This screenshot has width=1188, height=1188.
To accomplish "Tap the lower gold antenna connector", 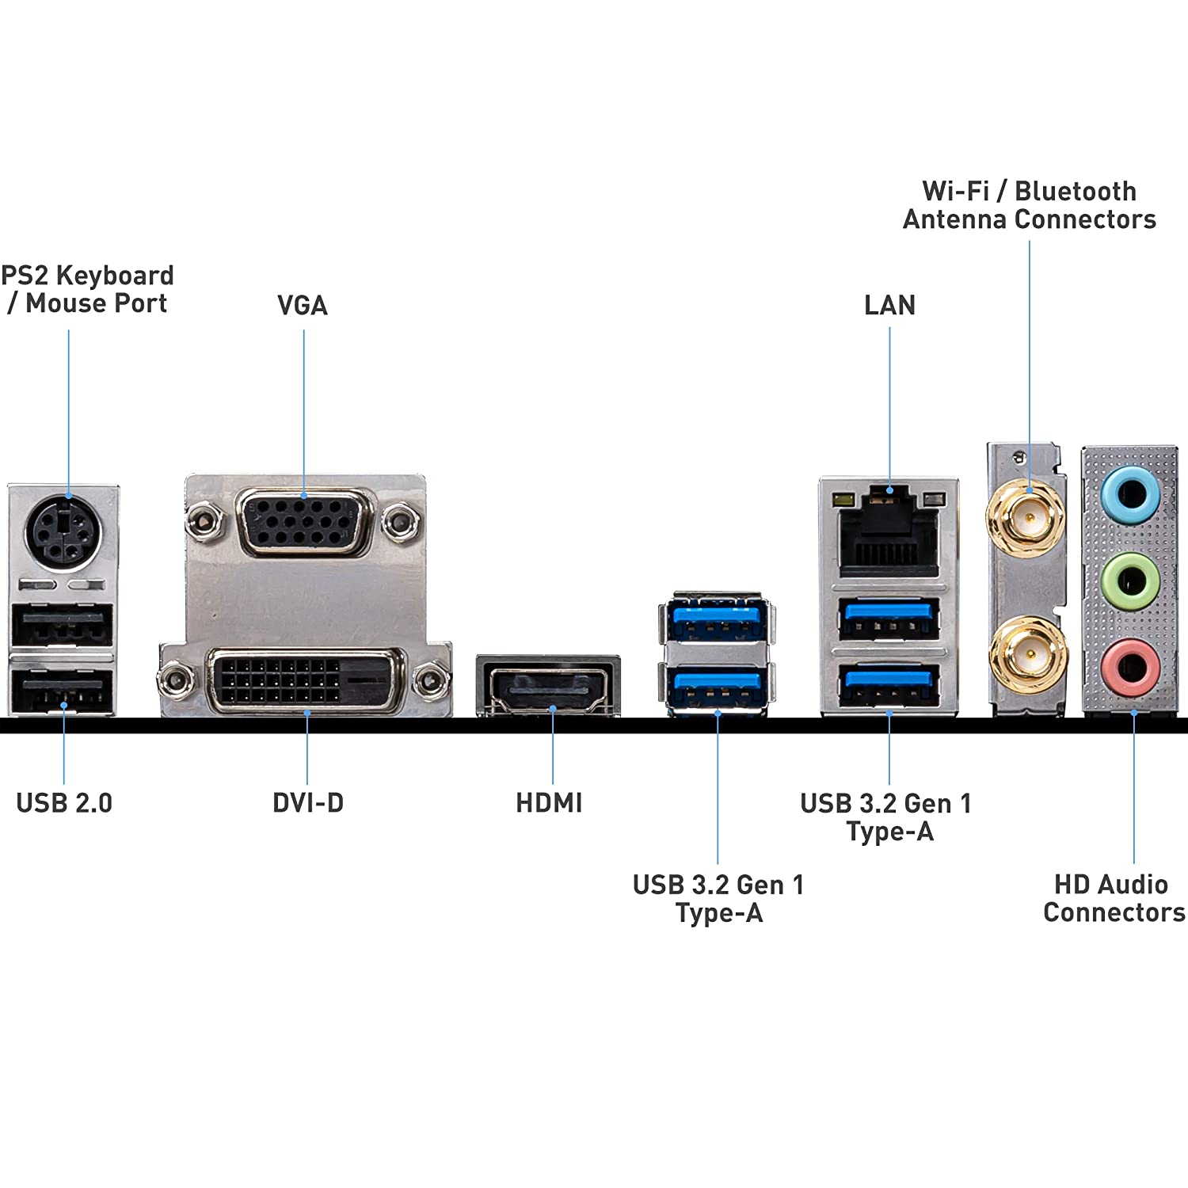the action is (x=1028, y=654).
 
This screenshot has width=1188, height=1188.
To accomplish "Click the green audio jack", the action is (x=1131, y=581).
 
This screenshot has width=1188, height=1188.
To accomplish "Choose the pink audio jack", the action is (x=1131, y=668).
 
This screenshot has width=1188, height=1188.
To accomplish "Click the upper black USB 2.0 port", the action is (x=62, y=626).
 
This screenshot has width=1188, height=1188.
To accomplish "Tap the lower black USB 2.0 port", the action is (x=62, y=691).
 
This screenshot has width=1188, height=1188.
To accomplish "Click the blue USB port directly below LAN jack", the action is (x=889, y=618).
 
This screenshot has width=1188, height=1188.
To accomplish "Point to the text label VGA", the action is (x=302, y=306).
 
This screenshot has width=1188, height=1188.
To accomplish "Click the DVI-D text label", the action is (x=308, y=802).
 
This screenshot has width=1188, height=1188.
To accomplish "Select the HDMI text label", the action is (x=549, y=802).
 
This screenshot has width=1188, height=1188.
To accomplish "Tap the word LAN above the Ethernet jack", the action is (x=889, y=306).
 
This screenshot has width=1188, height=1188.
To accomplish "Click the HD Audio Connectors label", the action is (x=1114, y=898).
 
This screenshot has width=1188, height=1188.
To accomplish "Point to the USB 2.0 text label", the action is (x=64, y=802).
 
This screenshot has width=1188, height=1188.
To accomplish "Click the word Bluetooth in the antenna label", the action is (x=1076, y=191).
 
